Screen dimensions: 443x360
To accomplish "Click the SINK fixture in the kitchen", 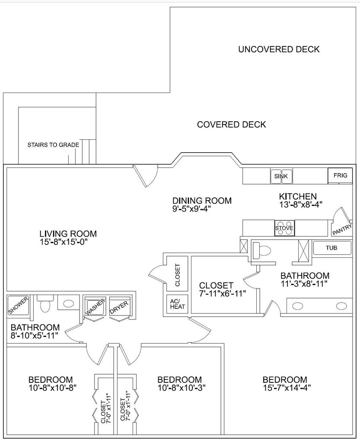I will (x=281, y=176).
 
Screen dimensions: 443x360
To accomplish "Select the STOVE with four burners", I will (x=284, y=228).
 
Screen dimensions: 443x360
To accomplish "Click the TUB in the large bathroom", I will (x=332, y=248).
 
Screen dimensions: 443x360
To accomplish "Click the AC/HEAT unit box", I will (x=177, y=305).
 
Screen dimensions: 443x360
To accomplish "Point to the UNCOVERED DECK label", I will (x=279, y=49).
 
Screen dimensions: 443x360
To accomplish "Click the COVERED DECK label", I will (x=231, y=125).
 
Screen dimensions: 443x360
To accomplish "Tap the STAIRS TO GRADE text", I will (x=53, y=145).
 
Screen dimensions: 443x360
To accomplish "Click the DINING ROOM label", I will (x=202, y=201).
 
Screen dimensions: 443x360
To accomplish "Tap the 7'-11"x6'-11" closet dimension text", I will (x=223, y=294).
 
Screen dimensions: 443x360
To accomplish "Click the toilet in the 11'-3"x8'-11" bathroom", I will (x=261, y=249).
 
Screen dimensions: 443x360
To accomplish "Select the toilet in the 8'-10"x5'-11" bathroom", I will (x=44, y=305).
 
